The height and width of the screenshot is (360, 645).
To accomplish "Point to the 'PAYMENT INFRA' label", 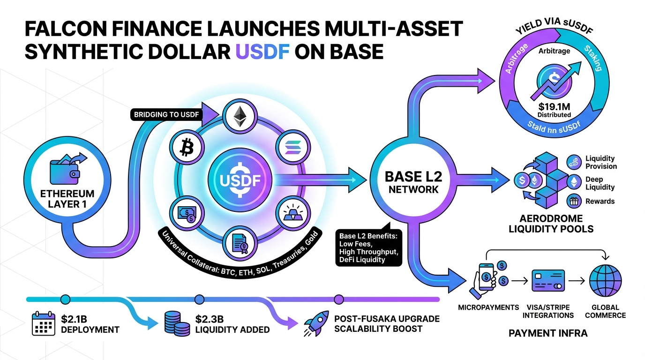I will click(548, 334).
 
